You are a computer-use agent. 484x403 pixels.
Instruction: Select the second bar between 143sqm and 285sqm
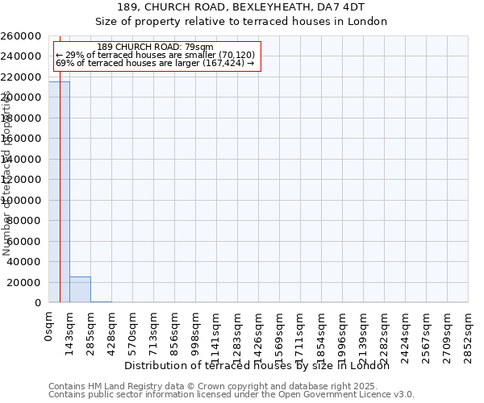tap(80, 289)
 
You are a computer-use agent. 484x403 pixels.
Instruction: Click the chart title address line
tap(241, 7)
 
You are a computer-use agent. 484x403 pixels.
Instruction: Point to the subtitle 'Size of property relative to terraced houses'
tap(241, 22)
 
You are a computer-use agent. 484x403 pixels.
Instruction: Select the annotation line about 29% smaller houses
tap(155, 55)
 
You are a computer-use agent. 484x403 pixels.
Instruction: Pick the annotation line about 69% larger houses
tap(155, 63)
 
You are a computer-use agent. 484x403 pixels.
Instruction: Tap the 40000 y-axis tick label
tap(25, 262)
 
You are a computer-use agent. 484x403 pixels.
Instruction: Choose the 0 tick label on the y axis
tap(39, 303)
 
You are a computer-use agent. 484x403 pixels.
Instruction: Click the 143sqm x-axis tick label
tap(70, 330)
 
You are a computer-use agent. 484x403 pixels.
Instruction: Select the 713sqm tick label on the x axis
tap(154, 330)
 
